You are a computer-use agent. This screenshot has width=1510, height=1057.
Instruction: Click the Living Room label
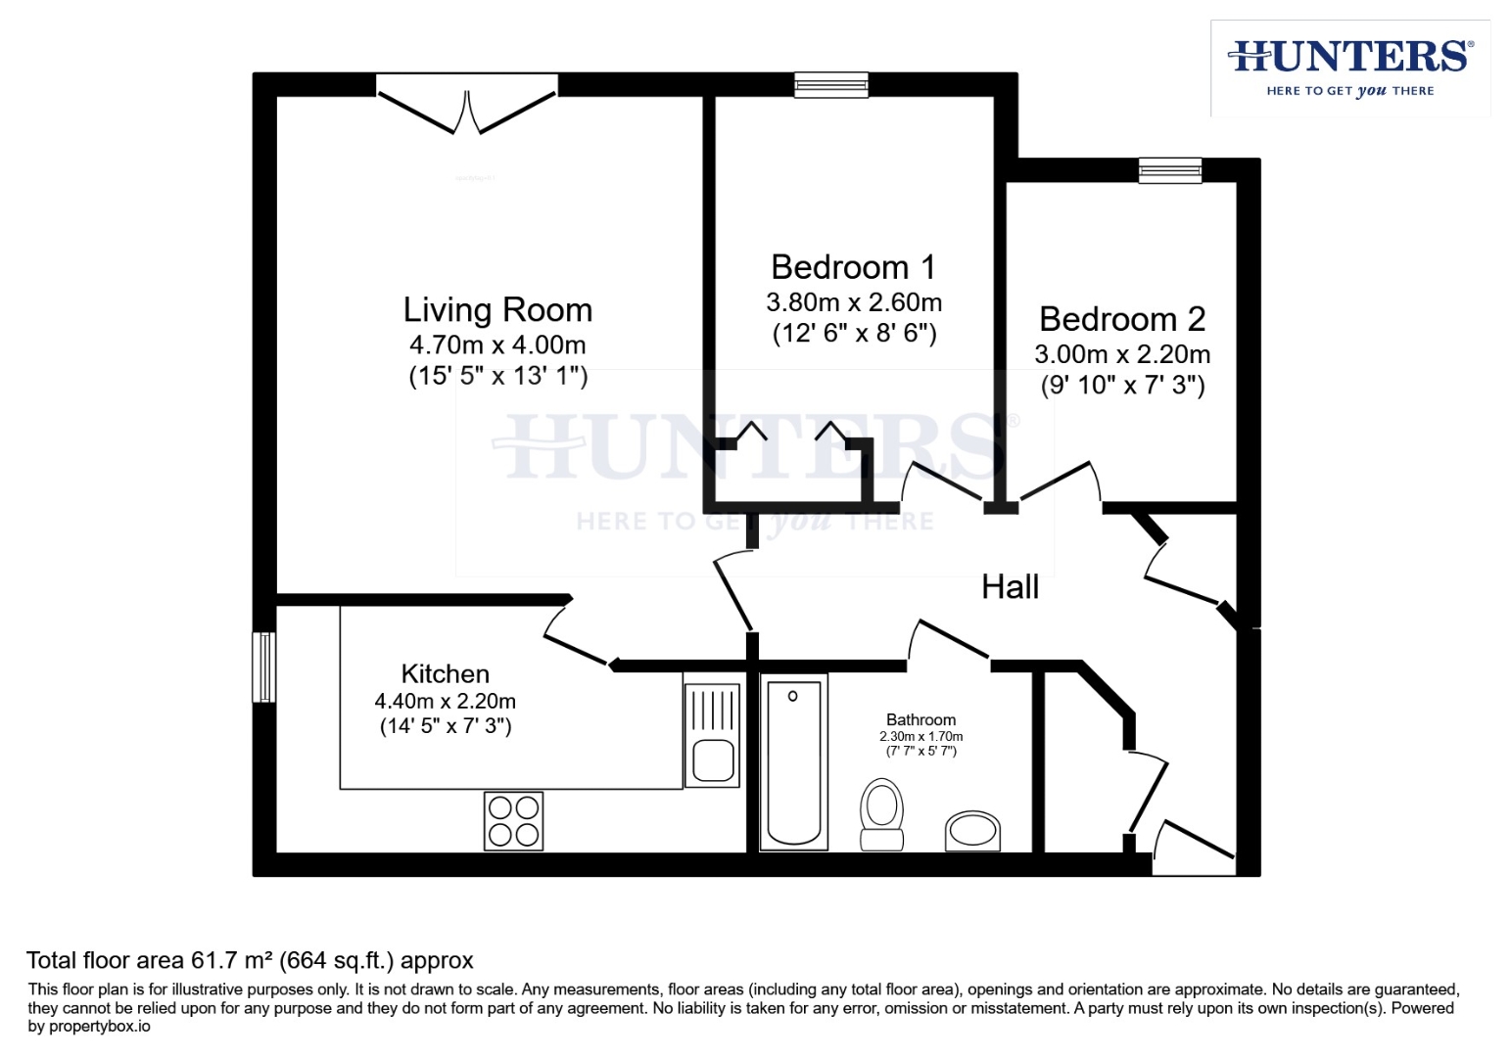tap(497, 310)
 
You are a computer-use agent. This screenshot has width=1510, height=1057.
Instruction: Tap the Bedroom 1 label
tap(853, 267)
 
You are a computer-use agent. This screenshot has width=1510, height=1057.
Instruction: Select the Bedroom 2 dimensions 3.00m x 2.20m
tap(1122, 354)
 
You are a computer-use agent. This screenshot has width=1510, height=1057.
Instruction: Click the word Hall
tap(1010, 587)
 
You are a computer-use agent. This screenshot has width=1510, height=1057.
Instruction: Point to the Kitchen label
tap(445, 674)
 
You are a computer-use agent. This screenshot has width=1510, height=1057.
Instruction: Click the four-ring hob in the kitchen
tap(513, 820)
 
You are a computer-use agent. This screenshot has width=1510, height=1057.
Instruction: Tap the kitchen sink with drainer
tap(712, 736)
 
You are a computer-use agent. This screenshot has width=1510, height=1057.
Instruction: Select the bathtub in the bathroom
tap(793, 761)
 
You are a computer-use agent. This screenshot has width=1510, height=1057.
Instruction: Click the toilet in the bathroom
tap(881, 813)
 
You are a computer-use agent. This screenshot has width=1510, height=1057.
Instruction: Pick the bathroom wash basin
tap(972, 831)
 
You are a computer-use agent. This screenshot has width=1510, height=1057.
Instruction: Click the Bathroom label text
tap(920, 719)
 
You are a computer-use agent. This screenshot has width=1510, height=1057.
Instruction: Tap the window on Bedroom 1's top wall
tap(831, 86)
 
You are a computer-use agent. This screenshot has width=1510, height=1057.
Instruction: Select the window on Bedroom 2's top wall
tap(1169, 171)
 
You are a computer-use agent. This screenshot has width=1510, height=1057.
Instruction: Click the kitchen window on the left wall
tap(263, 666)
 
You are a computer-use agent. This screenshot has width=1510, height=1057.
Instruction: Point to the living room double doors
tap(467, 106)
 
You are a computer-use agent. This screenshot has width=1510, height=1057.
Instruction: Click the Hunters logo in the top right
tap(1349, 67)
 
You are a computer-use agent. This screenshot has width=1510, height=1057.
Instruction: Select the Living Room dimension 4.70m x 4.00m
tap(497, 345)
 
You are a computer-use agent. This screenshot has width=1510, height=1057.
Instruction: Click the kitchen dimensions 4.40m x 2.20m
tap(445, 702)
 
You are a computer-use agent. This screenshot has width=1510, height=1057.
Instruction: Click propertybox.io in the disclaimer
tap(99, 1027)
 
